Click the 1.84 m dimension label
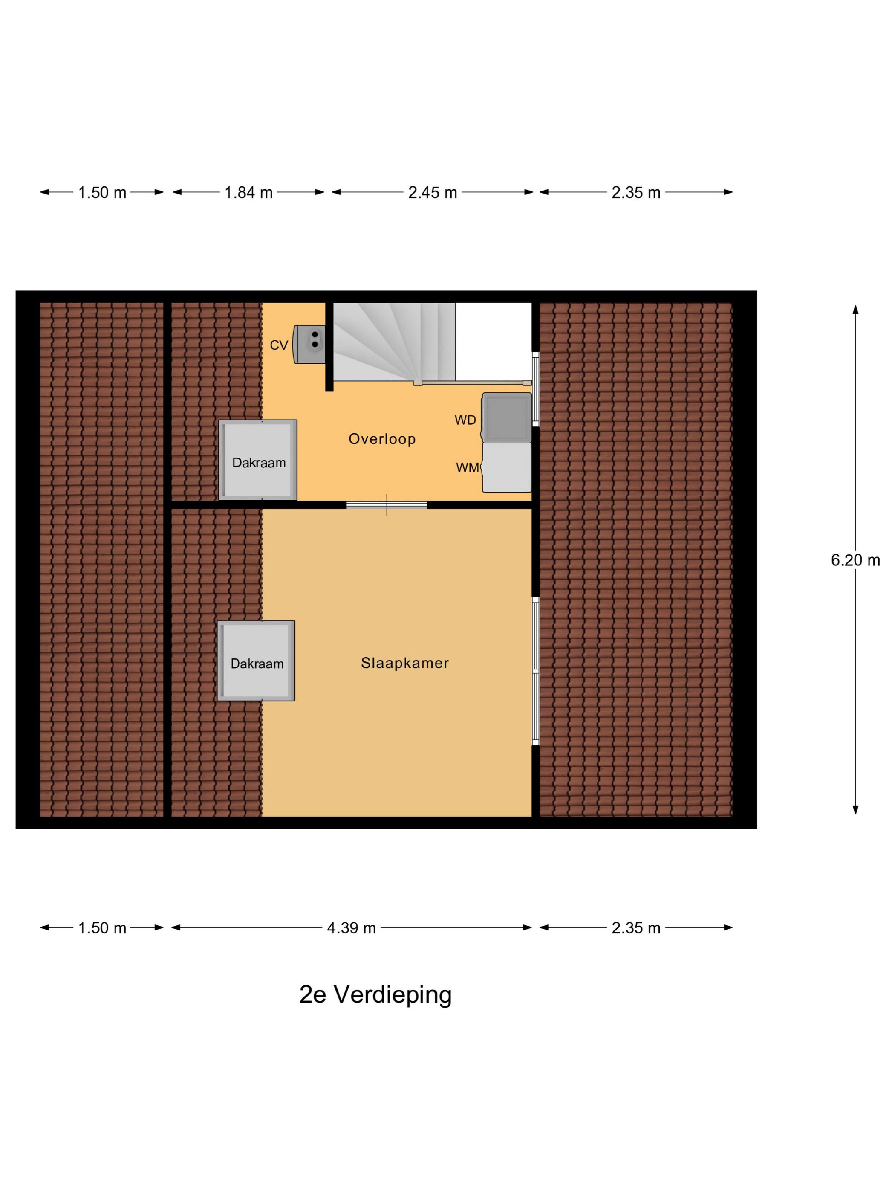click(248, 192)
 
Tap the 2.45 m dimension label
click(432, 192)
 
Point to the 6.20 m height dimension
click(855, 560)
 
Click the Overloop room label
click(382, 439)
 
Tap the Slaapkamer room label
click(404, 663)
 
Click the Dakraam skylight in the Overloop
click(258, 460)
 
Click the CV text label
click(279, 345)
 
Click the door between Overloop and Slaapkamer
click(386, 505)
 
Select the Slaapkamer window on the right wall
click(535, 671)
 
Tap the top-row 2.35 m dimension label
click(635, 192)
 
